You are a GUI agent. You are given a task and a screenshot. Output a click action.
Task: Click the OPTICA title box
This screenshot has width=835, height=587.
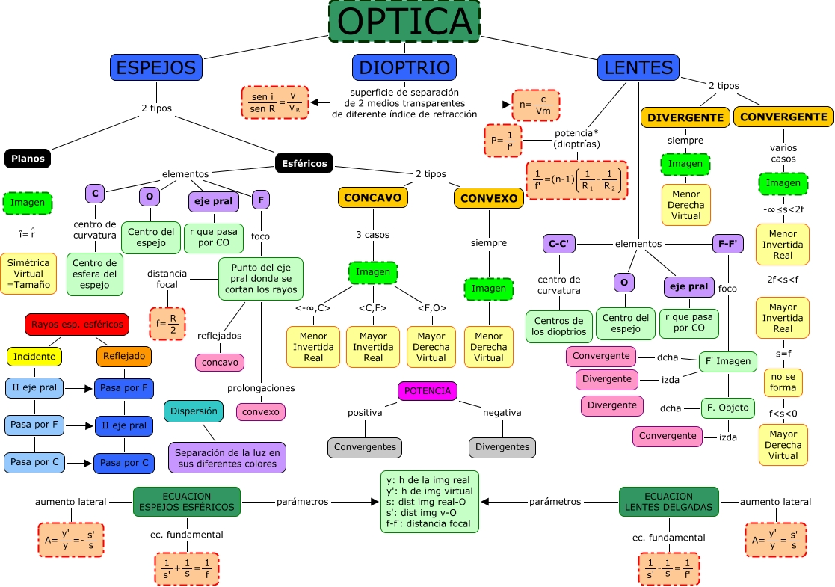pos(404,21)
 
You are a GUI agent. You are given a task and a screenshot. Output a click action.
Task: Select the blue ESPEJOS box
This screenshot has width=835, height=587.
pos(156,67)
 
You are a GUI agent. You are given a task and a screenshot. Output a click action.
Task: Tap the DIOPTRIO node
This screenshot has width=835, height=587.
pos(404,67)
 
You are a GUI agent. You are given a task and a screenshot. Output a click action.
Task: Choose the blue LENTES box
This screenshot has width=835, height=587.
pos(638,67)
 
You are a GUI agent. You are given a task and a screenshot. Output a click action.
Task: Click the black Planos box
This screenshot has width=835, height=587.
pos(28,159)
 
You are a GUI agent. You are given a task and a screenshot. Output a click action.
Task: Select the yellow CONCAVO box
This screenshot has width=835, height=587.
pos(373,197)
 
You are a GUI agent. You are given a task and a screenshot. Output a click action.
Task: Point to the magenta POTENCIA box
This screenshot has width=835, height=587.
pos(427,391)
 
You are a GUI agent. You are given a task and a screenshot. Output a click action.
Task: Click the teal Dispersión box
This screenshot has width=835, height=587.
pos(193,411)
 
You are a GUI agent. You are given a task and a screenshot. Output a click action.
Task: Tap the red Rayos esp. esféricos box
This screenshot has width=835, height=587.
pos(77,325)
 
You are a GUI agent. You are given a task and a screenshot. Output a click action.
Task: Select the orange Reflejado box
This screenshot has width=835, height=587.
pos(124,357)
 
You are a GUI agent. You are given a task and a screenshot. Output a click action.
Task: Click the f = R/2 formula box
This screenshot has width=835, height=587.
pos(167,323)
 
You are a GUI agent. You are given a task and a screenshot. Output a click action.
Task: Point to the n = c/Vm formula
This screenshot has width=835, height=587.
pos(535,105)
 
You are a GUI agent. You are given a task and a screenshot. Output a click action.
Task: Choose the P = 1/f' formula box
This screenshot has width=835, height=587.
pos(502,140)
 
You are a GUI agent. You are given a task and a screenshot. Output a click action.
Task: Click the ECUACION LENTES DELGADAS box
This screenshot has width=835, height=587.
pos(668,502)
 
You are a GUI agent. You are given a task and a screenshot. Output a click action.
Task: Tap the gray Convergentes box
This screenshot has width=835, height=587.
pos(364,447)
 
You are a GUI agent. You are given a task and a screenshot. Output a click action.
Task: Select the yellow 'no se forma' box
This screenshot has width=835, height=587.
pos(783,383)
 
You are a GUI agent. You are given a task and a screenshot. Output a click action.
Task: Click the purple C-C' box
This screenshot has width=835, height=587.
pos(558,244)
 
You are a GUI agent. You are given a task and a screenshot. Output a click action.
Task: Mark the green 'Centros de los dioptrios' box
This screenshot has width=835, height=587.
pos(558,327)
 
